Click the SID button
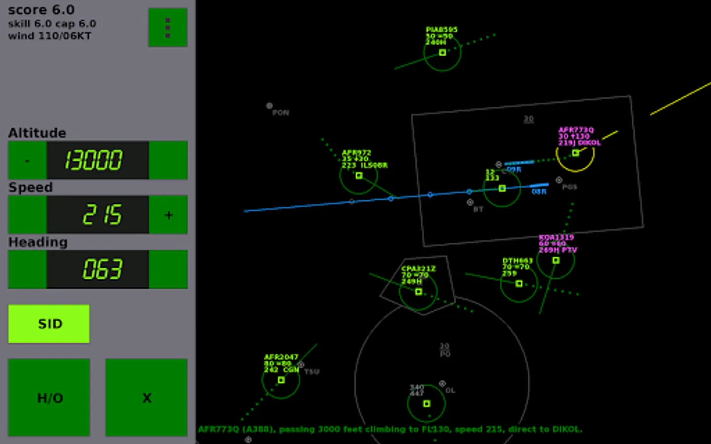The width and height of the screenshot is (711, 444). click(49, 324)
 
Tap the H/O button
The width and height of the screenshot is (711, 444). click(49, 398)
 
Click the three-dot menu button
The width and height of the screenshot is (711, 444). click(168, 28)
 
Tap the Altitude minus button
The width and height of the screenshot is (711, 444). click(27, 160)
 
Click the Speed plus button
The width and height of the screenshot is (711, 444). click(168, 215)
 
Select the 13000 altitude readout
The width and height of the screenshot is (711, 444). click(97, 160)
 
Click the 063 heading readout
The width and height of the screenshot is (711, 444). click(97, 269)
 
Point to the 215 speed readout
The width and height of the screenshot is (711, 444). click(97, 215)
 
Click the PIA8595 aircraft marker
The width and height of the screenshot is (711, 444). click(442, 52)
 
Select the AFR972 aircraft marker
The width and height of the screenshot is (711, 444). click(359, 176)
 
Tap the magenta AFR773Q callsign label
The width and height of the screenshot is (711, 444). click(576, 130)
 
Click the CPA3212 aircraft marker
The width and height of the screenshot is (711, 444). click(419, 292)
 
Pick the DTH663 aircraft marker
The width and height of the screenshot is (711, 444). click(519, 284)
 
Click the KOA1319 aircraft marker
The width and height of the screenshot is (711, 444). click(556, 260)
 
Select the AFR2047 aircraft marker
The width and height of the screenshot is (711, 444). click(281, 380)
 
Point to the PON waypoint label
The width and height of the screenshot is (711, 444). click(280, 112)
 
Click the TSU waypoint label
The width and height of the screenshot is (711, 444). click(312, 371)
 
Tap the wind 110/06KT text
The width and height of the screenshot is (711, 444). click(49, 36)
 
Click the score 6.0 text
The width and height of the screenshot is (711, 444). click(41, 10)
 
